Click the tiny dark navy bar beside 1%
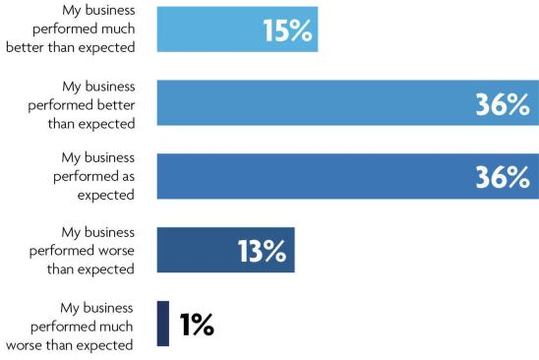tap(163, 324)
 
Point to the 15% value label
tap(287, 31)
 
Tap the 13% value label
tap(261, 252)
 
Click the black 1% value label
tap(197, 325)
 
